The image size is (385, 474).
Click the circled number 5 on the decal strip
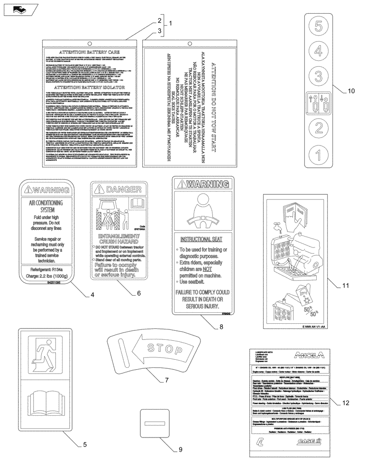[319, 26]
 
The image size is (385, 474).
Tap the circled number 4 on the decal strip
[319, 50]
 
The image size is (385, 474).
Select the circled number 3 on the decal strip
[319, 74]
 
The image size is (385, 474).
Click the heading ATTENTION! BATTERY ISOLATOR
[90, 88]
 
